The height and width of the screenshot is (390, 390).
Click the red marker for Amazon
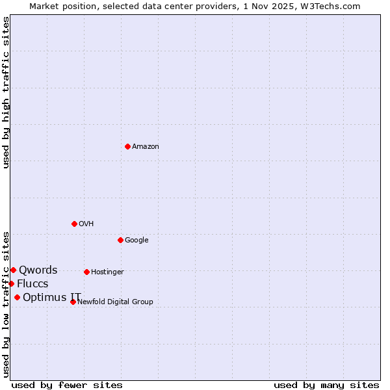127,146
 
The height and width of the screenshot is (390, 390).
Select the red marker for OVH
74,224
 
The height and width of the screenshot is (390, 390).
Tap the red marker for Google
120,240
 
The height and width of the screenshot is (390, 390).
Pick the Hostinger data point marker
86,272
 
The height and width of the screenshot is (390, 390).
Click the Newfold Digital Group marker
73,302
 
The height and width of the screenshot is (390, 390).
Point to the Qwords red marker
13,270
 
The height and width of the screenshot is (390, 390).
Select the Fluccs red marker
11,283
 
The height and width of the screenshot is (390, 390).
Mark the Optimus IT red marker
17,297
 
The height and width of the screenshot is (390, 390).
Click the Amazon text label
146,147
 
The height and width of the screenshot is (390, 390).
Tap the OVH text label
86,224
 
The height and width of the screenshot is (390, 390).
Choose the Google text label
136,240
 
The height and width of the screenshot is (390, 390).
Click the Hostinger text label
107,272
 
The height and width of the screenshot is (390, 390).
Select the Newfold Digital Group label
116,302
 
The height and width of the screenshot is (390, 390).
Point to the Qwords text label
38,270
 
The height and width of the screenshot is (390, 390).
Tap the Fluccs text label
32,284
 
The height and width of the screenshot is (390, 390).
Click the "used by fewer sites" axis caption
67,385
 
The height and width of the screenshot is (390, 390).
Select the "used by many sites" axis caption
326,385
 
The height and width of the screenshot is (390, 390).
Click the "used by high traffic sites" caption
6,92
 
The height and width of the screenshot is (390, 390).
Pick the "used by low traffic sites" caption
6,304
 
